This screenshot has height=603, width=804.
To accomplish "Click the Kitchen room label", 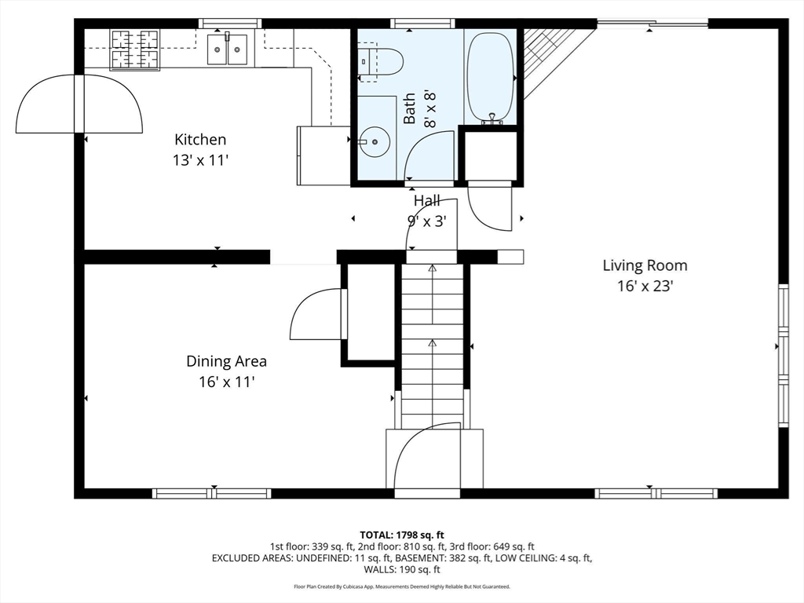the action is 200,140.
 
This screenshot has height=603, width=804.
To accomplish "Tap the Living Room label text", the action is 645,265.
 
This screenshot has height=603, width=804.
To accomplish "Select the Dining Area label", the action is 226,361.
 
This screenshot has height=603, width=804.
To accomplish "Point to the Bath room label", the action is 410,108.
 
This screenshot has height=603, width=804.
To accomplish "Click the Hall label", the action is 427,201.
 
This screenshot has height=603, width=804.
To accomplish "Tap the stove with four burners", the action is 135,49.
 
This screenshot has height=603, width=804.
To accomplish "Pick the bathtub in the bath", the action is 491,77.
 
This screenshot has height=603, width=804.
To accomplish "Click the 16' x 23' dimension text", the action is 645,286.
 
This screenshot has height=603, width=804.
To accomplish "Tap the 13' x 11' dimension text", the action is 200,160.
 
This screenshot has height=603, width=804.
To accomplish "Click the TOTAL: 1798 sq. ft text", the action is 402,535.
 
